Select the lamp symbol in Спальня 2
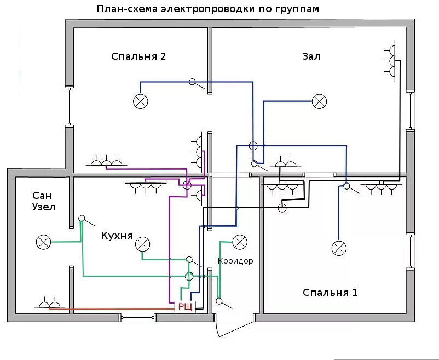pos(141,101)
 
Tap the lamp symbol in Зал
pos(319,101)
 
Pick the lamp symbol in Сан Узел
pos(43,242)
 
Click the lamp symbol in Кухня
pos(142,243)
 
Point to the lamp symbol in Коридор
pos(240,242)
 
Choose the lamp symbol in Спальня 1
pos(339,248)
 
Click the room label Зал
pos(310,56)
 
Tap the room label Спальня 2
pos(138,56)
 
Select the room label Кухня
pos(117,235)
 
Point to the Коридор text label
pos(235,261)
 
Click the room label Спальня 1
pos(330,293)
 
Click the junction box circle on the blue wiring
pos(253,146)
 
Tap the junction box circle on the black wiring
pos(282,208)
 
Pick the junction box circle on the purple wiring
pos(187,185)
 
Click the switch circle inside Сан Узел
pos(82,218)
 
